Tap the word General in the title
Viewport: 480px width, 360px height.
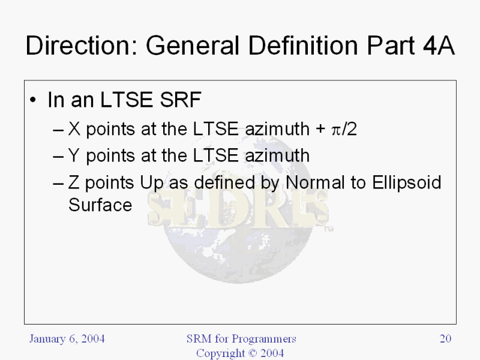pos(192,46)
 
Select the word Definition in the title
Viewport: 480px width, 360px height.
pos(303,46)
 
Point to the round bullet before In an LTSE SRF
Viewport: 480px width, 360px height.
pos(33,100)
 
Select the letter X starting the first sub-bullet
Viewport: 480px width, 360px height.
pos(74,129)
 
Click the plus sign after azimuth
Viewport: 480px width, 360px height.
pos(320,129)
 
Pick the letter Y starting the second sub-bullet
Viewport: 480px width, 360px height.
pos(74,155)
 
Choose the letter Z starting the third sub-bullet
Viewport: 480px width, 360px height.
pos(73,182)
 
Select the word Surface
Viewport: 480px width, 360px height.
pos(100,205)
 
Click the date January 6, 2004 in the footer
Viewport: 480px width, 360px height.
pos(67,339)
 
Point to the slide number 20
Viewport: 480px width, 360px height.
pos(445,338)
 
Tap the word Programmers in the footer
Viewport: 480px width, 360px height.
pos(264,339)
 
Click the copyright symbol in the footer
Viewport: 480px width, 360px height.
pos(253,353)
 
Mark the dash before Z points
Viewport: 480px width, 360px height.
pos(58,184)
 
